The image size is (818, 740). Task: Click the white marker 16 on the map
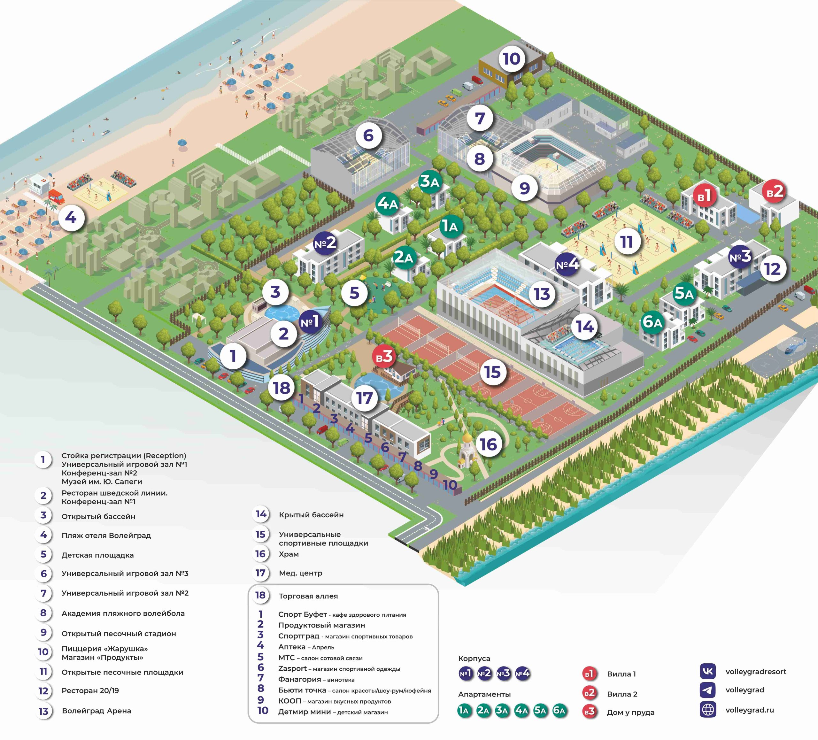point(488,444)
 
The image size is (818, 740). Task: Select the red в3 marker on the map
point(384,357)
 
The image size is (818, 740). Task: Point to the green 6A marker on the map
point(652,322)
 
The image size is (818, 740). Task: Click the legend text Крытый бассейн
point(311,515)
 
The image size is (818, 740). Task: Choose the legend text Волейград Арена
point(96,711)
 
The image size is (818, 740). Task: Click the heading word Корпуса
point(474,659)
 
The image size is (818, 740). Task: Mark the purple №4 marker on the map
point(567,265)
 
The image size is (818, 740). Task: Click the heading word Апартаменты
point(484,694)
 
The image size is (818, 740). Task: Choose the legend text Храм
point(289,554)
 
